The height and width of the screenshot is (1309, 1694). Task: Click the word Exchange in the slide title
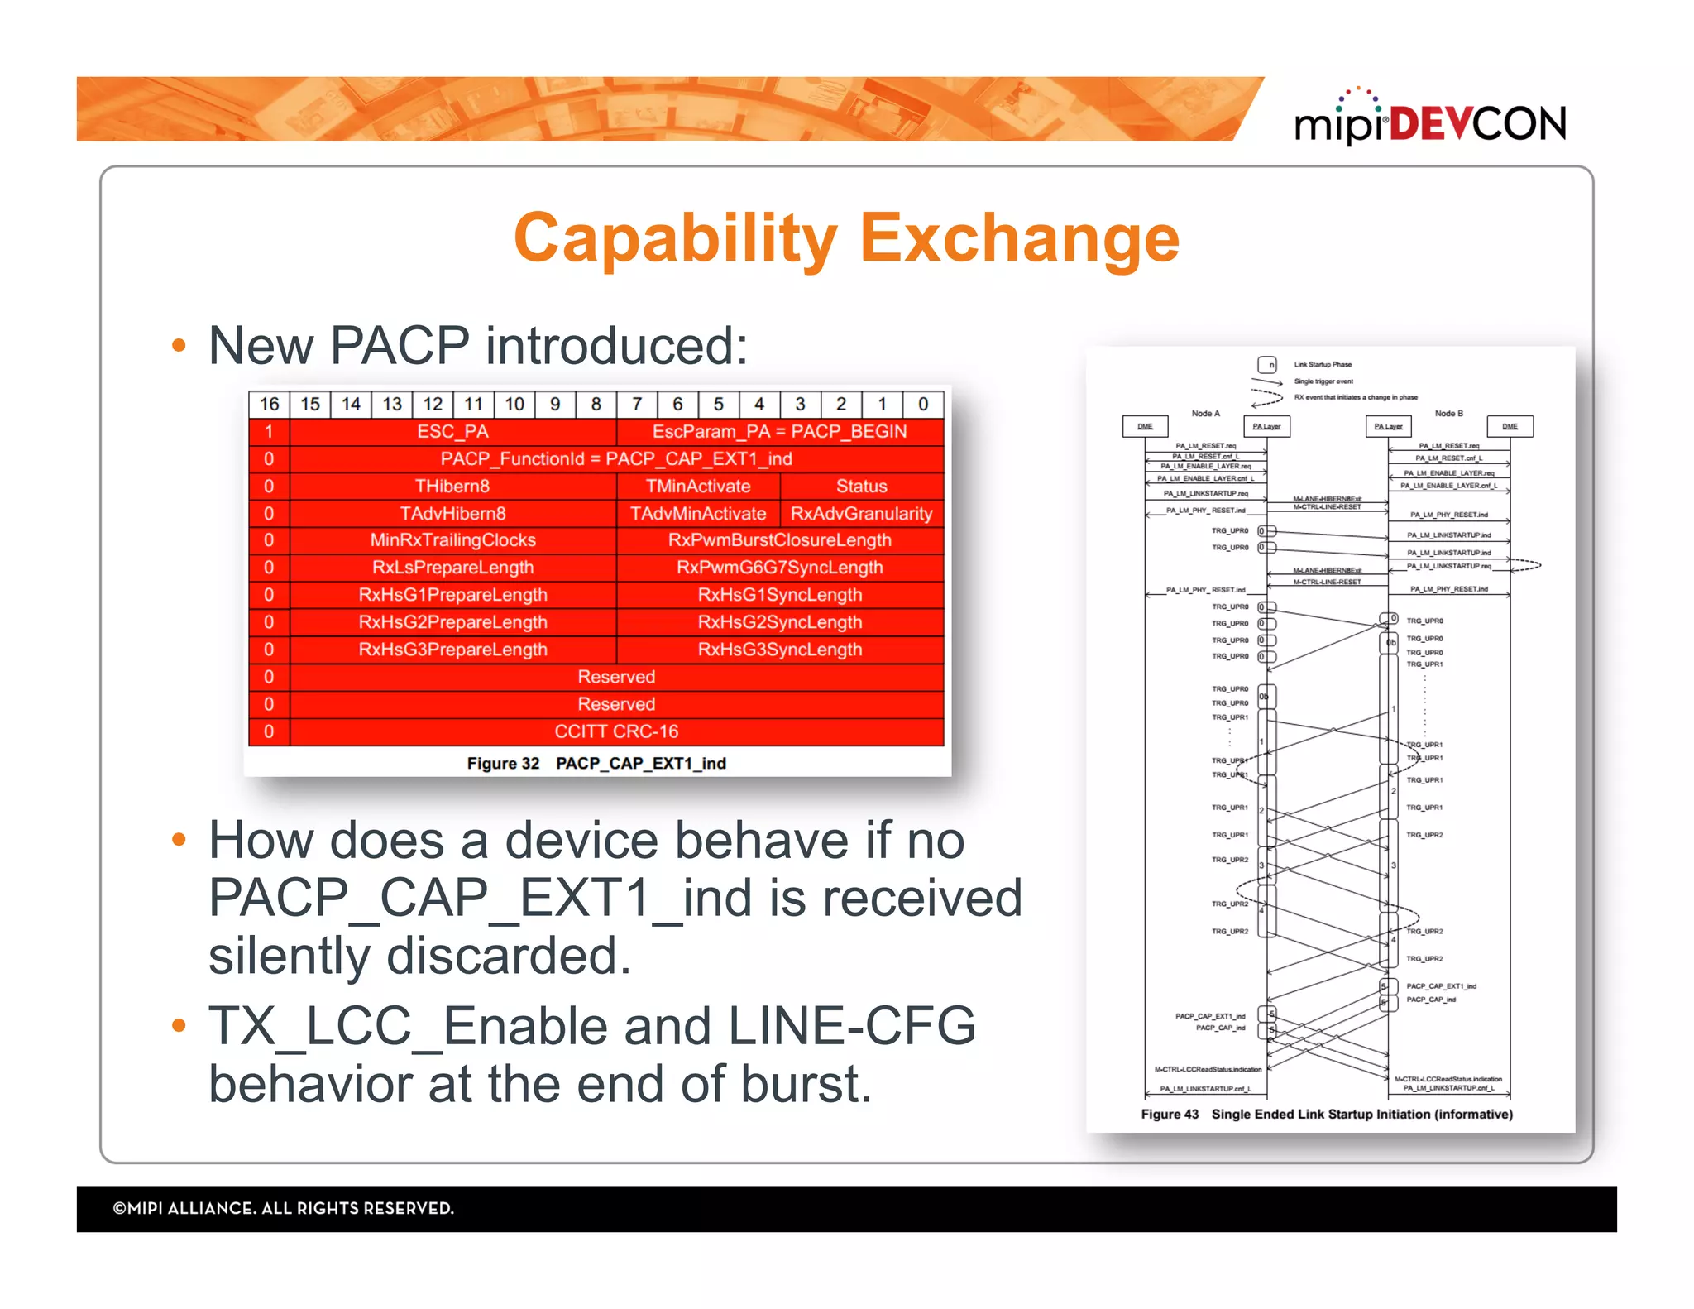click(x=1019, y=238)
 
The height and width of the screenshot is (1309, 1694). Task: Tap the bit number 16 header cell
click(x=269, y=404)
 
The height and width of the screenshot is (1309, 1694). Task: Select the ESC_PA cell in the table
click(x=452, y=431)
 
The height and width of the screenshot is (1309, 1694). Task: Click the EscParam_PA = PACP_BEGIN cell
click(x=779, y=431)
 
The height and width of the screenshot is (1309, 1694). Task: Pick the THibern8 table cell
click(x=452, y=486)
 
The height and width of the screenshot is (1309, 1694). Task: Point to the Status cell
click(x=861, y=486)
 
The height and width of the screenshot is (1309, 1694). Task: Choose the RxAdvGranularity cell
click(x=861, y=513)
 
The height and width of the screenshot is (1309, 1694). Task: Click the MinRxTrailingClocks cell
click(x=452, y=540)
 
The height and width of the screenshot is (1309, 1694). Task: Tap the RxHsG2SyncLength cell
click(x=779, y=622)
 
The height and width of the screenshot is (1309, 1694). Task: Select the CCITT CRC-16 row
click(x=616, y=731)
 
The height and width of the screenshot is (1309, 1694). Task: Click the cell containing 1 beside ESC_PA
click(x=269, y=431)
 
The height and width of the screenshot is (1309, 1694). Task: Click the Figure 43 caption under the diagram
click(x=1326, y=1114)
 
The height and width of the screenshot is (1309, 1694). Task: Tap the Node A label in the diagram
click(x=1205, y=413)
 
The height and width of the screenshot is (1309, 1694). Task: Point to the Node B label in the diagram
click(x=1448, y=413)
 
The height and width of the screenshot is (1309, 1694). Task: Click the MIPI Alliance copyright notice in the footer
click(x=283, y=1208)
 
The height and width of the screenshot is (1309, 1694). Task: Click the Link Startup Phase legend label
click(x=1322, y=364)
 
